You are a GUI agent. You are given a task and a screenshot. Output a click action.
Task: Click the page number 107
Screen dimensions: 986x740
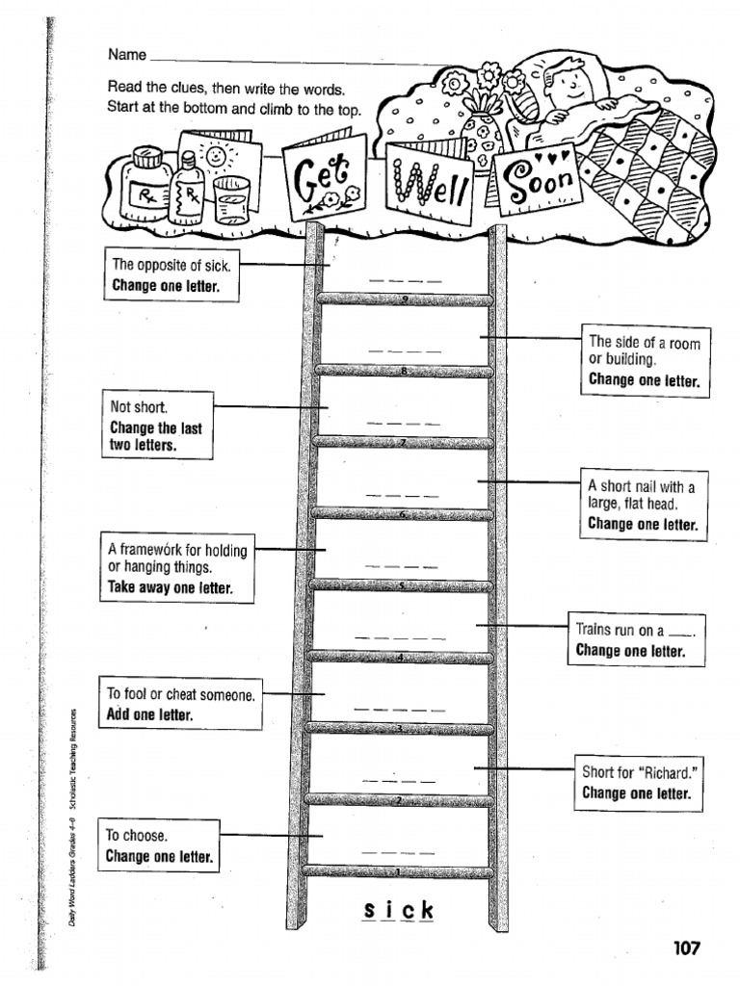click(685, 947)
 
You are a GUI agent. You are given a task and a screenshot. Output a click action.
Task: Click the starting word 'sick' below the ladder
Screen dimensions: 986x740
click(399, 910)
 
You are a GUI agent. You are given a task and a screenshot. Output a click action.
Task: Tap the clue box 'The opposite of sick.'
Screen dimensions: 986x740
click(171, 273)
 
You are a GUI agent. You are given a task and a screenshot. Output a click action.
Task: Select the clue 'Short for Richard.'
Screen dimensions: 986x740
click(637, 783)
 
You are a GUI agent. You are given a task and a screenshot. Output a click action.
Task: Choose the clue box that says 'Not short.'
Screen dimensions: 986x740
click(157, 425)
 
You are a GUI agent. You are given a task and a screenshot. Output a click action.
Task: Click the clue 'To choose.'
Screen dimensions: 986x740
click(159, 845)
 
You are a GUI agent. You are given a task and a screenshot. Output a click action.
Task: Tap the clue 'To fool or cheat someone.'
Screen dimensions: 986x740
click(180, 703)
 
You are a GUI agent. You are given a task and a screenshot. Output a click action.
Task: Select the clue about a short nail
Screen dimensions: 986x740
click(642, 504)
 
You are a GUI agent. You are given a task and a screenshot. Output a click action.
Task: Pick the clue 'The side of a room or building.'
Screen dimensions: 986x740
click(644, 360)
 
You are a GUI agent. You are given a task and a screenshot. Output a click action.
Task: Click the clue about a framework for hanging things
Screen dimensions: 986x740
click(177, 568)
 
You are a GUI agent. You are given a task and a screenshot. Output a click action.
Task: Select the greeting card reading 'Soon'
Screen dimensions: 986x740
click(534, 177)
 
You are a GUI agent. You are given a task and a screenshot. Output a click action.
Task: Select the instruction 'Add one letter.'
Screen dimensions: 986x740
click(151, 714)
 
